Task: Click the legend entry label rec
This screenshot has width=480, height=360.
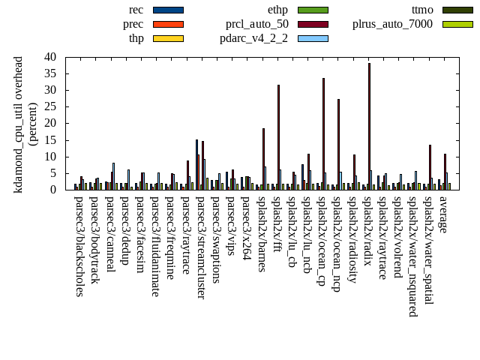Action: point(136,10)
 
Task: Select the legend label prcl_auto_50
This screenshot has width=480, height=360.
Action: point(258,24)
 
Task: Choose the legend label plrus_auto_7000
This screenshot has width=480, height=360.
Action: point(392,24)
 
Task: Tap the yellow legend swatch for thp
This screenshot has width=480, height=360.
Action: point(168,38)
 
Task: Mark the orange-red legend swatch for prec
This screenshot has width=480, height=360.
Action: point(168,24)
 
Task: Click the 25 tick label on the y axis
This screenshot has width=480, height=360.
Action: point(49,106)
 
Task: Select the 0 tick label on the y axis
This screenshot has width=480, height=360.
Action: point(52,190)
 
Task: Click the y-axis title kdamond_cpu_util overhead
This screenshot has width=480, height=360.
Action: point(19,124)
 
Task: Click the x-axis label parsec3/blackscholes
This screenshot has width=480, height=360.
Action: point(79,246)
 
